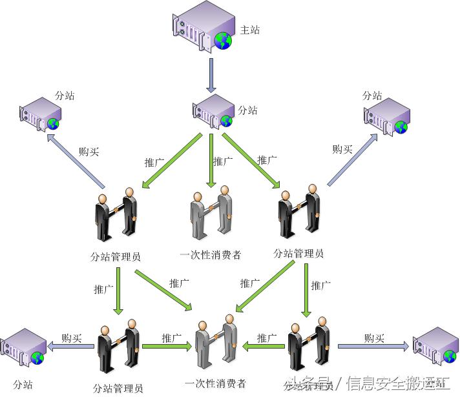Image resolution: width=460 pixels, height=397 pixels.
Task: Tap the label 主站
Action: click(250, 30)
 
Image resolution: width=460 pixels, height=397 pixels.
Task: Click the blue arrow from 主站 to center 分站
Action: click(211, 75)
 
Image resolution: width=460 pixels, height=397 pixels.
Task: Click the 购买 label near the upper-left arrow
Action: click(89, 152)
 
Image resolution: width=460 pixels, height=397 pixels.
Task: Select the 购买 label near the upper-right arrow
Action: click(342, 149)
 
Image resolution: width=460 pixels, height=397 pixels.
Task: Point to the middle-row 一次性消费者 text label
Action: click(211, 255)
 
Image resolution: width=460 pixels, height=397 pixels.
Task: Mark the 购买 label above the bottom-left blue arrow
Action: click(72, 337)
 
